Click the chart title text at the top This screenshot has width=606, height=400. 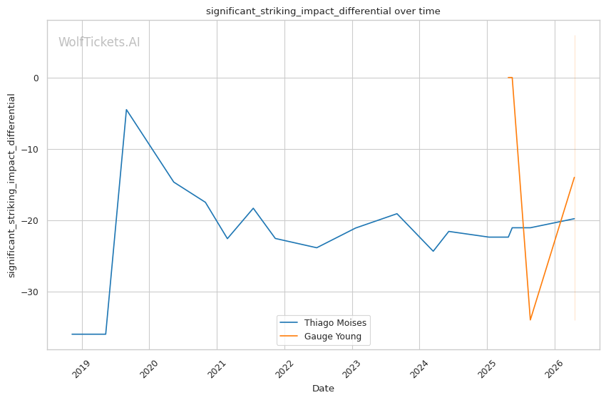[323, 11]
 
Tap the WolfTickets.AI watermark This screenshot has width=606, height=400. [99, 42]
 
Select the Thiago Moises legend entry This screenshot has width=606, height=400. [323, 323]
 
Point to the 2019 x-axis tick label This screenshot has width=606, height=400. [81, 369]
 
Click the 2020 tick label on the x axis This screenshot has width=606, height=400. [149, 369]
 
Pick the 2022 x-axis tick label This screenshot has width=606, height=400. [284, 369]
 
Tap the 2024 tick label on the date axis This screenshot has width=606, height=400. [419, 369]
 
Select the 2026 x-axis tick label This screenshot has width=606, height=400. [554, 369]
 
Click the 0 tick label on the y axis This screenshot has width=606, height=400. [36, 78]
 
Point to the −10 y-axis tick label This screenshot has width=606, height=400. [30, 150]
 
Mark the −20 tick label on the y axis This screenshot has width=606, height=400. [30, 220]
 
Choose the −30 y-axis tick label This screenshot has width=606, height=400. [30, 292]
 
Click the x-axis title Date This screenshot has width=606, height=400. [323, 389]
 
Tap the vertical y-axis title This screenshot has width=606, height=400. [11, 185]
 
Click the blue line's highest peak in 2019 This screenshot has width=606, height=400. [126, 110]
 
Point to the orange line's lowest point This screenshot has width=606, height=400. [530, 319]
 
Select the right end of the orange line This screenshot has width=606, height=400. [575, 178]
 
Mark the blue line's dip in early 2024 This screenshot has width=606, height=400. [433, 251]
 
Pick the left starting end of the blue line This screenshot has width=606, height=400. [72, 334]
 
